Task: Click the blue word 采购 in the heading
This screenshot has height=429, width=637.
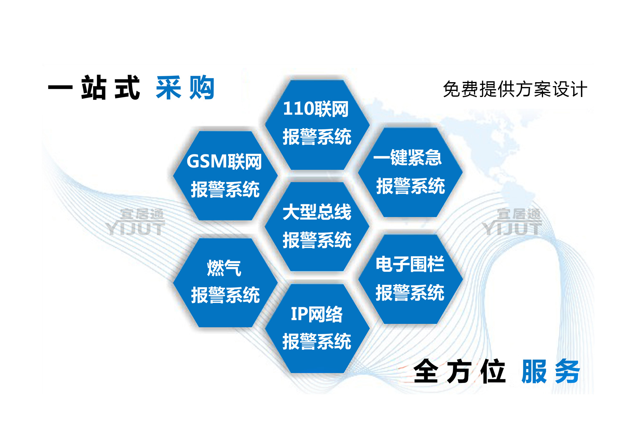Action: [x=185, y=87]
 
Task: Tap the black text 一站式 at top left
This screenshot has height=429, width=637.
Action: [x=94, y=87]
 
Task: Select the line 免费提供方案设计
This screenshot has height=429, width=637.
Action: [x=515, y=89]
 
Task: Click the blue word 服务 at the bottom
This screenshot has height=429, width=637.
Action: [x=550, y=371]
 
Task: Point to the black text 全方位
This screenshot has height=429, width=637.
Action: [x=459, y=371]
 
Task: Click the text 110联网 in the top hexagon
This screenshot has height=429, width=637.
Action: [x=316, y=109]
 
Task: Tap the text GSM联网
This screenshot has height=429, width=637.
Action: [x=224, y=161]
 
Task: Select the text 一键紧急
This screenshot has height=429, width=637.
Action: [x=407, y=157]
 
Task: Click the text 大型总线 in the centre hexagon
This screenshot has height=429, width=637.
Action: [x=317, y=212]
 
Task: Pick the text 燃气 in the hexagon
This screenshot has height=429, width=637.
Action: [x=224, y=268]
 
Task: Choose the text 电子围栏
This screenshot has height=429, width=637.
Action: [x=410, y=264]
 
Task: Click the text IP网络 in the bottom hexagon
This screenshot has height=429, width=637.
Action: [x=317, y=314]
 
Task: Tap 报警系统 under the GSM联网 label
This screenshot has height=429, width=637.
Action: [x=225, y=189]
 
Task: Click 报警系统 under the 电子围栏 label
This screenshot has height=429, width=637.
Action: [x=410, y=292]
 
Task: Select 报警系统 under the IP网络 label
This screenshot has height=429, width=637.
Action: [x=317, y=342]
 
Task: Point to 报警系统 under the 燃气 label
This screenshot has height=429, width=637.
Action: [x=225, y=295]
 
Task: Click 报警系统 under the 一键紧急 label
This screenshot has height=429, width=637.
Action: [x=410, y=186]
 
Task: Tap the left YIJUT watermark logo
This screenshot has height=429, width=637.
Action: [x=136, y=222]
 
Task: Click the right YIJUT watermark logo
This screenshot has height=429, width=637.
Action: [x=512, y=222]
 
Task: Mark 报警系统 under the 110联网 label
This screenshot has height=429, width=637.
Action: [x=317, y=137]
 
